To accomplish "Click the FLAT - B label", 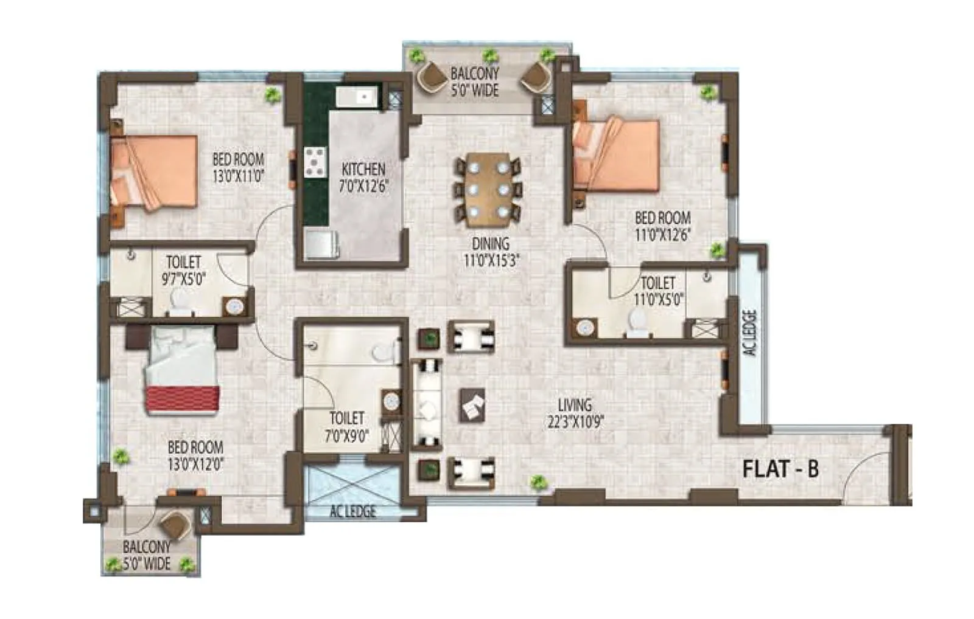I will point(780,469).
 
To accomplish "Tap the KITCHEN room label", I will point(363,169).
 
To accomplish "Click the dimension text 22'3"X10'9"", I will point(575,421).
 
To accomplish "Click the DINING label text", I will point(491,244).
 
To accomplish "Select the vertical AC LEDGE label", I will point(750,333).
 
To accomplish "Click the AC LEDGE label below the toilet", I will point(352,511).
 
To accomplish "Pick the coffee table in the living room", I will point(472,405).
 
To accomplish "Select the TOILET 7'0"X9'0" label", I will point(346,426).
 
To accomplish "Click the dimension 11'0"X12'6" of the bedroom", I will point(662,235).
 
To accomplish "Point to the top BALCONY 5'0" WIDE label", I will point(474,81).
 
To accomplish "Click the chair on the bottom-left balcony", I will point(175,523).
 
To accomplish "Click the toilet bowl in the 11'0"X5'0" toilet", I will point(636,323).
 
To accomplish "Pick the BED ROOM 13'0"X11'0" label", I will point(238,168).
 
